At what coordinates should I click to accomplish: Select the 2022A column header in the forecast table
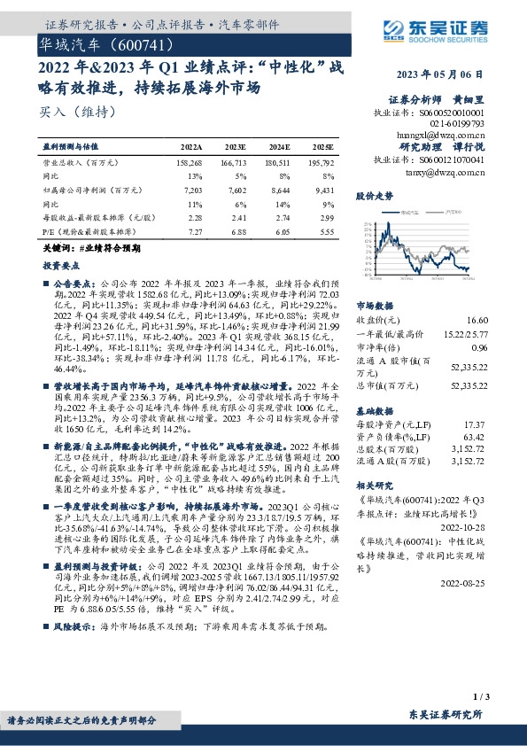[x=190, y=145]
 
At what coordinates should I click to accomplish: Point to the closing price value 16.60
[x=477, y=320]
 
